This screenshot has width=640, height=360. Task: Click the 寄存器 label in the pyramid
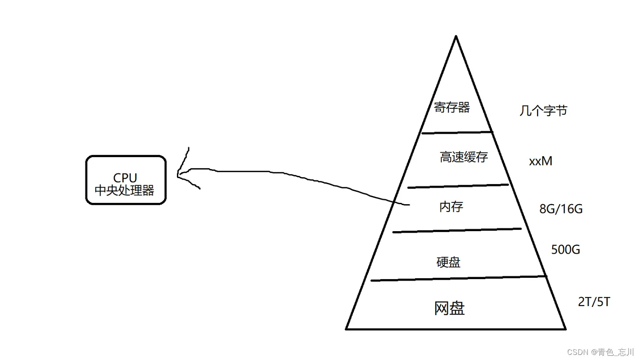[452, 108]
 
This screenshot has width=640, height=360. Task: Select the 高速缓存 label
[464, 157]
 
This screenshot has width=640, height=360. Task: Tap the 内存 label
[451, 206]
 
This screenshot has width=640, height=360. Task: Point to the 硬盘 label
[448, 262]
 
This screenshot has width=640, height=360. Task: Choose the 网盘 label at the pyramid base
[449, 308]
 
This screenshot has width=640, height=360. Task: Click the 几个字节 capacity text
[543, 111]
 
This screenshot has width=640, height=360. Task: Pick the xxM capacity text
[540, 161]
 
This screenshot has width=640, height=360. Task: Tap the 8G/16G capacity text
[561, 209]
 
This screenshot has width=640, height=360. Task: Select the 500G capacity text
[565, 249]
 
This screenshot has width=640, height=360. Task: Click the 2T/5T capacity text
[594, 302]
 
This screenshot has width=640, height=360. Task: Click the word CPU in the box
[125, 178]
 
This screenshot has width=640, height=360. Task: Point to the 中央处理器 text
[124, 190]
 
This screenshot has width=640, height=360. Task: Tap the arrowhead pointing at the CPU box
[179, 174]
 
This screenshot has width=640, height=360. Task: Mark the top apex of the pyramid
[455, 37]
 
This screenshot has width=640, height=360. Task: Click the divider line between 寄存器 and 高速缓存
[457, 132]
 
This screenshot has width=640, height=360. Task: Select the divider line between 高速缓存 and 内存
[458, 186]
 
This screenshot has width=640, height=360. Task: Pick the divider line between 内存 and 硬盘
[457, 230]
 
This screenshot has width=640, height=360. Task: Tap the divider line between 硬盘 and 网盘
[459, 278]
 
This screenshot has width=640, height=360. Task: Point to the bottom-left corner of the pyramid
[347, 328]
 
